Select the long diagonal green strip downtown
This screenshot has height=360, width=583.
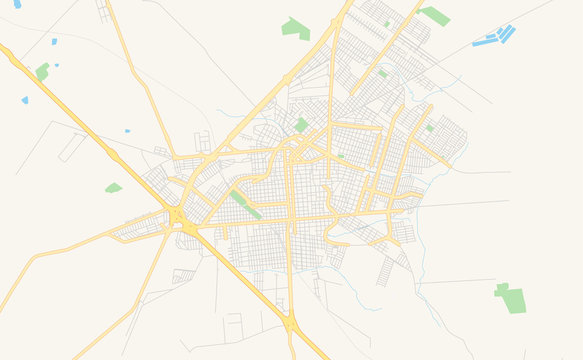243,204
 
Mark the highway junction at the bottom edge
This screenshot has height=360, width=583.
291,324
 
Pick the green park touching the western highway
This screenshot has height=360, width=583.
42,71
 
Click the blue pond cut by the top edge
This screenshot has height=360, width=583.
17,4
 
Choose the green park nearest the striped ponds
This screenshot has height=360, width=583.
435,15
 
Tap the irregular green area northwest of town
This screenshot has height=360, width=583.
295,28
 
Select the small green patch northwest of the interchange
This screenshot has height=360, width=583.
113,187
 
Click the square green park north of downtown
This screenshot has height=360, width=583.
301,125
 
